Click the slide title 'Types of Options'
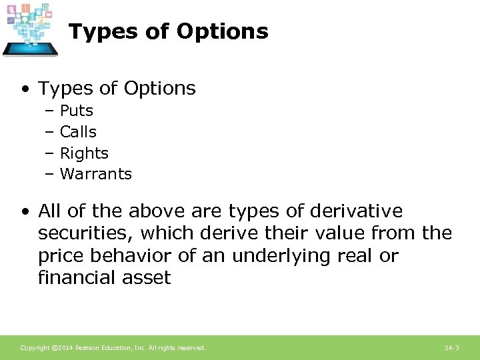(x=168, y=31)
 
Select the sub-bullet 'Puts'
(x=77, y=111)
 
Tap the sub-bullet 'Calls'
(x=78, y=132)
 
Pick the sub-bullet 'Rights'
(x=84, y=153)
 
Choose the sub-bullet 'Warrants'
(x=96, y=175)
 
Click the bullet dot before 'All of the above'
(x=25, y=212)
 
